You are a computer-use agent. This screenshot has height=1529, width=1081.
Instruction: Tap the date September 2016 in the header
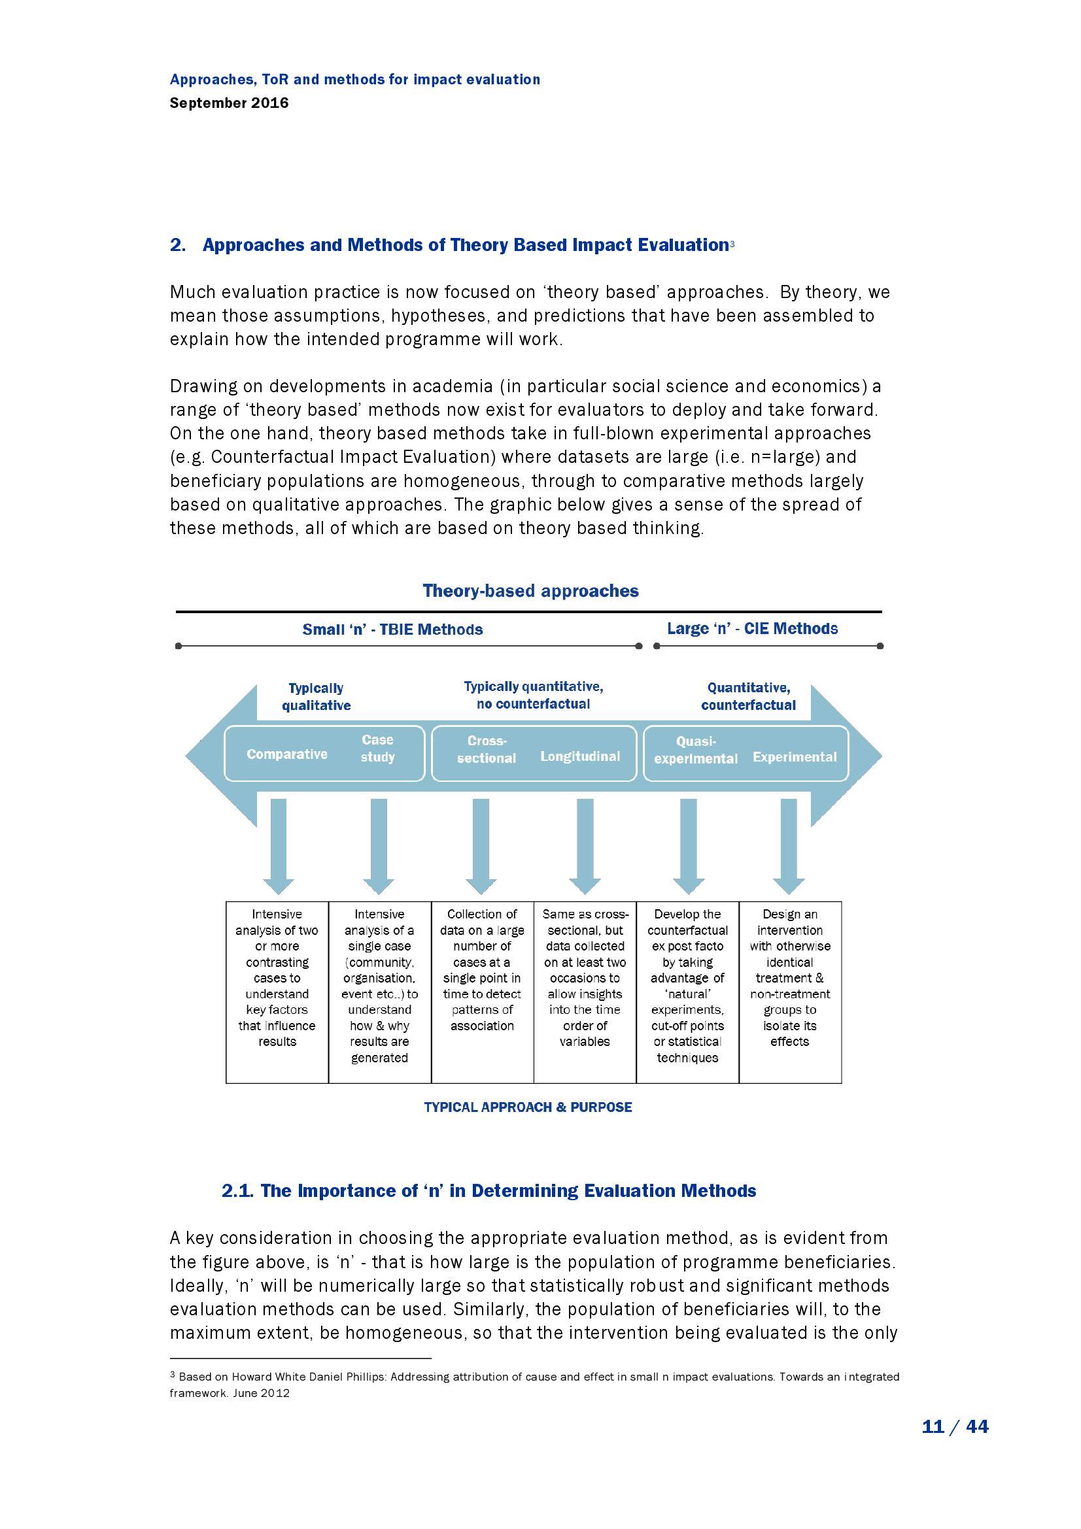tap(229, 103)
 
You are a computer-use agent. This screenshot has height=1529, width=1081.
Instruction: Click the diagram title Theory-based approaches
tap(530, 591)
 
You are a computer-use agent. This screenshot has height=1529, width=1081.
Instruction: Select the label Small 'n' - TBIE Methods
tap(392, 630)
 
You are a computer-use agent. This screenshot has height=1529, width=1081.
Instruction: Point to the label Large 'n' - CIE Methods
tap(752, 629)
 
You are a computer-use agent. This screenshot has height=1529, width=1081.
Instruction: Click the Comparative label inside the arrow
tap(286, 754)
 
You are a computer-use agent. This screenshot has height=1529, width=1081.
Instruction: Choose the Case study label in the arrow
tap(377, 748)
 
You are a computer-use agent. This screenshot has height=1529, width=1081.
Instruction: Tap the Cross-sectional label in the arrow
tap(486, 749)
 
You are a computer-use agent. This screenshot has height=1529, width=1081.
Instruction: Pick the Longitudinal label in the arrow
tap(579, 756)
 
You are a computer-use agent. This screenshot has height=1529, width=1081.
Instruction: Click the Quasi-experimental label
tap(695, 750)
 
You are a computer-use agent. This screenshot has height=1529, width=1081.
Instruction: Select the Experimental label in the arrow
tap(794, 756)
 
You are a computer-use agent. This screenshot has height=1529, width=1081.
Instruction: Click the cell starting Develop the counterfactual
tap(687, 986)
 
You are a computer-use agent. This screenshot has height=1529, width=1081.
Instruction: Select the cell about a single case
tap(379, 986)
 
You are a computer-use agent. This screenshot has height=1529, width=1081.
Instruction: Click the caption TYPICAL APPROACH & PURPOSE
tap(528, 1107)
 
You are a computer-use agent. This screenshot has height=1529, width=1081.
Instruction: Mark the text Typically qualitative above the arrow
tap(316, 697)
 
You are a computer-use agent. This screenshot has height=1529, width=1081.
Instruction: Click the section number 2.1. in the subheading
tap(238, 1190)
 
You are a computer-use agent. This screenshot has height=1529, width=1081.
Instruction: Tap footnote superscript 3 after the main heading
tap(732, 244)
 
